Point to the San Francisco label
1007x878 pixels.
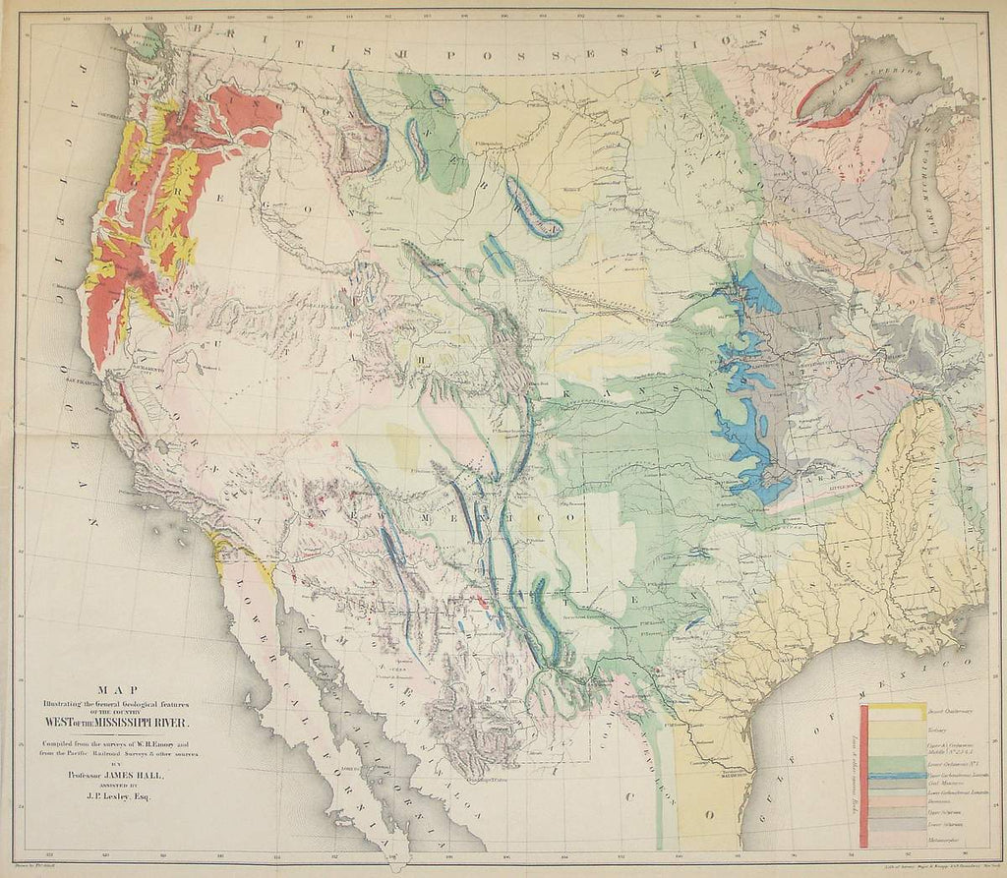[x=85, y=380]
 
